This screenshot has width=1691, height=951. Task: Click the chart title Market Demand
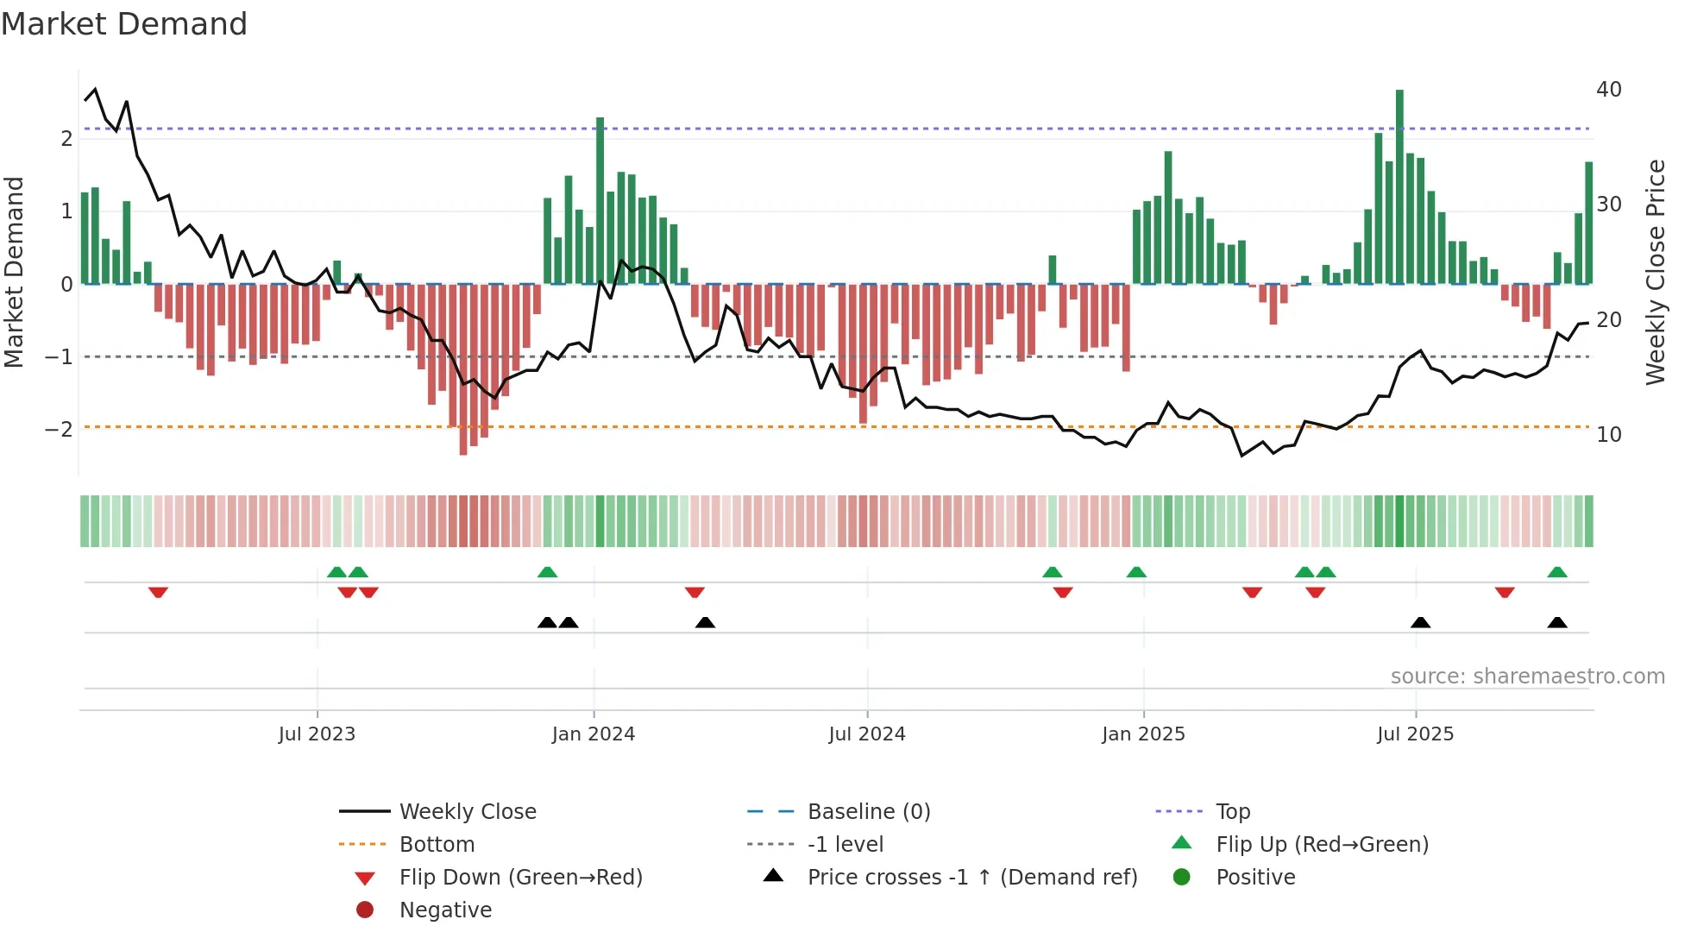124,24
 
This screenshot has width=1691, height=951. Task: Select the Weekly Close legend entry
467,811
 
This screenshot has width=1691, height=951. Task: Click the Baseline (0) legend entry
868,811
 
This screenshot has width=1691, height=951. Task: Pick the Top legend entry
1232,811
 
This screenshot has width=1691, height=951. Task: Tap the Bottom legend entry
437,844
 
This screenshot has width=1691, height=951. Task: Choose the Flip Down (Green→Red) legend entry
520,877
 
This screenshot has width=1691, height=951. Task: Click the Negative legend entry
445,910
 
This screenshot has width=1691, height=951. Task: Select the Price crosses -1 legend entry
971,877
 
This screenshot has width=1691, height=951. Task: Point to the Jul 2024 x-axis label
866,734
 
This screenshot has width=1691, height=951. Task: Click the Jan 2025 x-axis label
1142,734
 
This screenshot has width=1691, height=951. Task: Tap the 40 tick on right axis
1608,89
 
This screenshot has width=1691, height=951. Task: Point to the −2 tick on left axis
59,429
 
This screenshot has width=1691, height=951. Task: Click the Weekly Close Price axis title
1655,272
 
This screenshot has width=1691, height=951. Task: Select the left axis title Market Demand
15,272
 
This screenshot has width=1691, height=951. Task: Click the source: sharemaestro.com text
1527,676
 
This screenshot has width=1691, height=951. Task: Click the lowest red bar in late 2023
463,371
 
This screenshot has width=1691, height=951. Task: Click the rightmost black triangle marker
1556,622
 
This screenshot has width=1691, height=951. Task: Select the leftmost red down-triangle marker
158,592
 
